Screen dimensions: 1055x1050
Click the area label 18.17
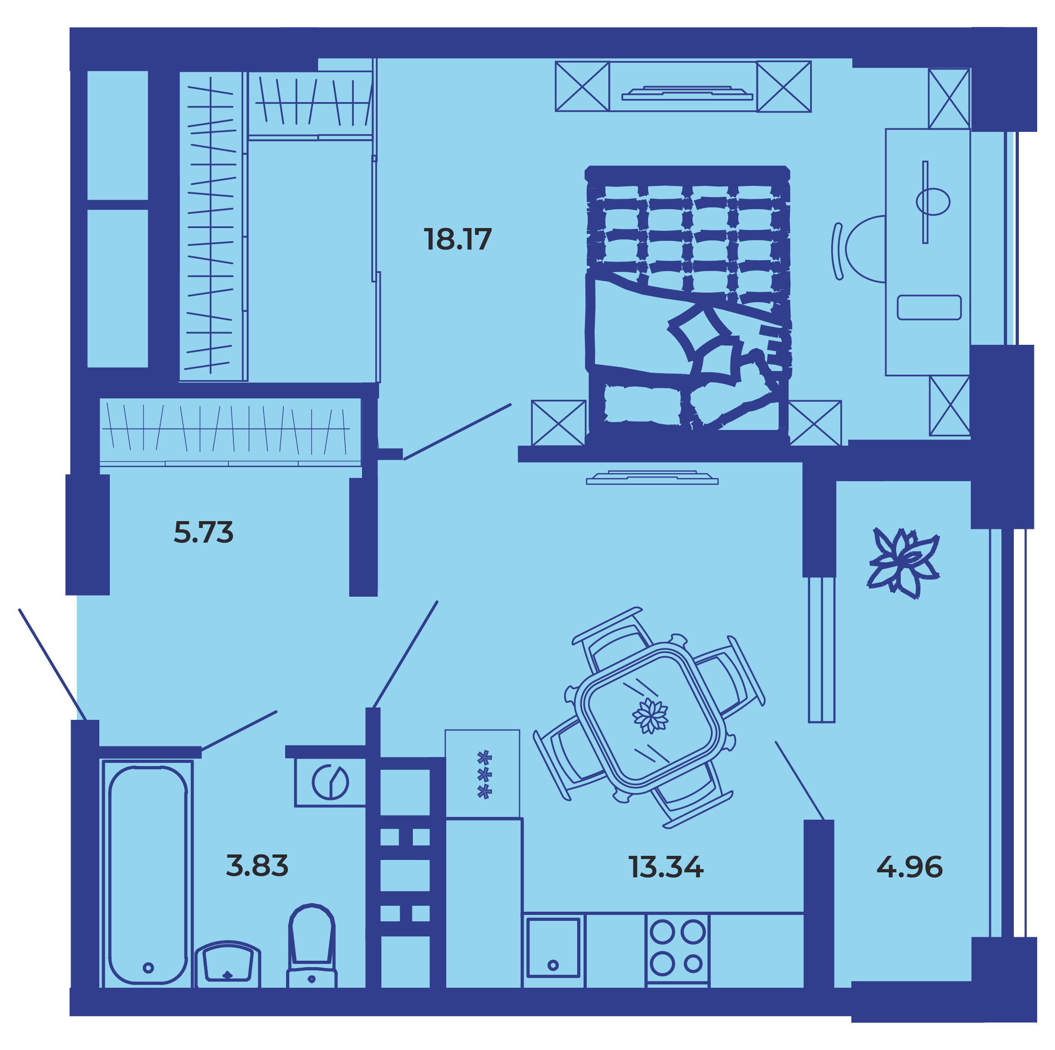[x=458, y=239]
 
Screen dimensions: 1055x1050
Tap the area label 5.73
[x=203, y=532]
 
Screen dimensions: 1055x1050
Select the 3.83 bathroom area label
[x=257, y=865]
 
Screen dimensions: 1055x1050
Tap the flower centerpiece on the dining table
[x=650, y=715]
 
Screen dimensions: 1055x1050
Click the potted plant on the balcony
[x=904, y=563]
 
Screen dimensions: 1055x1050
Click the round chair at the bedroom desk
[x=866, y=249]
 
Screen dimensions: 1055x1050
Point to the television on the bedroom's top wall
[x=687, y=93]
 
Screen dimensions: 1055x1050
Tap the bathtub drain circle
[x=148, y=968]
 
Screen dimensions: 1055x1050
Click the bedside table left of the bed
[x=558, y=423]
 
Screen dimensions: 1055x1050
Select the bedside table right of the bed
[x=815, y=423]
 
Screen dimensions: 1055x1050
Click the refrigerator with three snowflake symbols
[x=482, y=773]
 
